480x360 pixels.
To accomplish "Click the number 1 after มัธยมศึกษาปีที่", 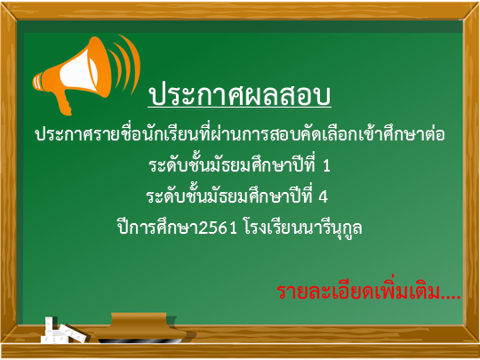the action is click(326, 165).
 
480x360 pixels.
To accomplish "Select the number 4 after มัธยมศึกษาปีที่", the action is click(323, 196).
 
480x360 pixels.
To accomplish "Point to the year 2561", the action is click(218, 228).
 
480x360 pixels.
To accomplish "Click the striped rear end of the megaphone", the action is click(38, 82).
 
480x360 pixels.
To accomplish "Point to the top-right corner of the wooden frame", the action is click(478, 3).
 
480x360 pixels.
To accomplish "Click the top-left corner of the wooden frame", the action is click(2, 3).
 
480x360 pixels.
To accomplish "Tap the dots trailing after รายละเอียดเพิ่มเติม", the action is click(452, 297).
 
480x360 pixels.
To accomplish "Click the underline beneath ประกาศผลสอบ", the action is click(239, 108).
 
